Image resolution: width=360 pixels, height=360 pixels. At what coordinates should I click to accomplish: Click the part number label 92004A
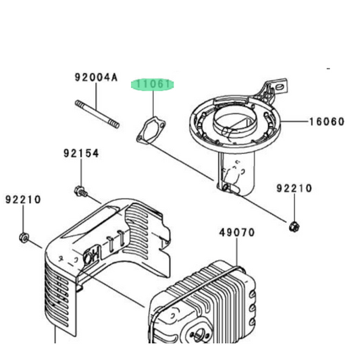click(x=96, y=78)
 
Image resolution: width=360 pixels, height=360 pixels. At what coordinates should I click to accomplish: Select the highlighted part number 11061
click(x=153, y=84)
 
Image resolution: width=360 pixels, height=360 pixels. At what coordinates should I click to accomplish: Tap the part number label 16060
click(x=327, y=122)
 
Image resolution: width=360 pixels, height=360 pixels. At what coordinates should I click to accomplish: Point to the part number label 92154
click(x=81, y=153)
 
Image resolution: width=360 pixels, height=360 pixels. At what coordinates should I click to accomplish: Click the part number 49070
click(x=237, y=232)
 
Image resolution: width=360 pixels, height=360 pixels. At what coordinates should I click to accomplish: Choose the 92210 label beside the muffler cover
click(x=23, y=199)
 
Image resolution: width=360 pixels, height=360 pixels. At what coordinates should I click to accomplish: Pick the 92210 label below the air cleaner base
click(x=294, y=188)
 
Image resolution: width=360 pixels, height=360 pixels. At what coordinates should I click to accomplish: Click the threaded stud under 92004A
click(x=97, y=114)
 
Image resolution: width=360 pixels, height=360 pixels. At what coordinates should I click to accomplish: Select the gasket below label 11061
click(x=151, y=130)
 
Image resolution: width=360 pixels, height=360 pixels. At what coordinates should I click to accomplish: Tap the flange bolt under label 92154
click(x=81, y=191)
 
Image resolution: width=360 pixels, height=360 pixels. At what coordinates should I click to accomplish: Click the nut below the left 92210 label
click(x=24, y=237)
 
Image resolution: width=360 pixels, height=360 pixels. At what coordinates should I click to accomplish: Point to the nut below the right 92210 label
click(x=294, y=227)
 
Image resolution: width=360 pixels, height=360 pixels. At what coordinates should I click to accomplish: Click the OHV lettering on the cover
click(x=93, y=254)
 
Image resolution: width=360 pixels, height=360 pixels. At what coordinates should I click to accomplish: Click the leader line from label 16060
click(x=295, y=121)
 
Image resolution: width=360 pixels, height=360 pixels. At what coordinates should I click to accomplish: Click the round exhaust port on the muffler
click(x=199, y=334)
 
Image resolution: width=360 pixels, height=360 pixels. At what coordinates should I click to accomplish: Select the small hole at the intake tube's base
click(x=226, y=187)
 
